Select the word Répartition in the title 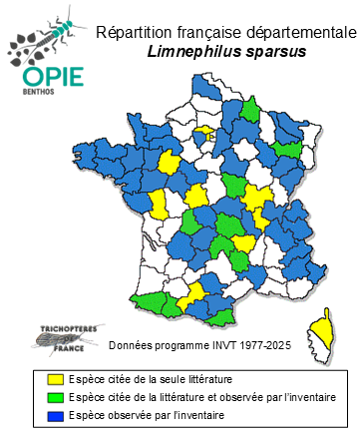(x=136, y=33)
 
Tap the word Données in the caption (x=132, y=345)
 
